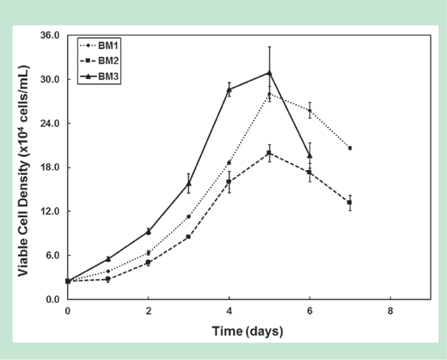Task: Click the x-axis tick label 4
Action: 229,312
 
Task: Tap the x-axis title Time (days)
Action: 247,331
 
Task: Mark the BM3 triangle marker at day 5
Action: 270,73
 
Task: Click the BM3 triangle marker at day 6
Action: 310,156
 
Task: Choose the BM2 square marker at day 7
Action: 350,202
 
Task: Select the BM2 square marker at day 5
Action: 270,153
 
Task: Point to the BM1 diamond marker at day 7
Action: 350,148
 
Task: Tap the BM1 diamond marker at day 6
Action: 310,110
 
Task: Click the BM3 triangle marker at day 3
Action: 189,183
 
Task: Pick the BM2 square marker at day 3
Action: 188,237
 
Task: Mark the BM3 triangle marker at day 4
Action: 229,89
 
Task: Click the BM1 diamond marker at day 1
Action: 108,271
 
